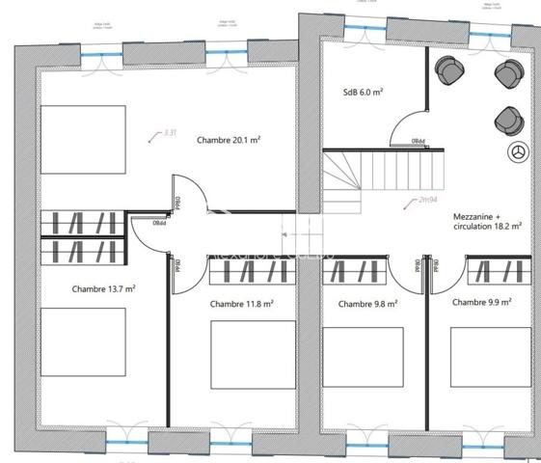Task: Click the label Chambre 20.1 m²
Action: (x=229, y=140)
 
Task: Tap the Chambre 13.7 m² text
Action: (x=103, y=288)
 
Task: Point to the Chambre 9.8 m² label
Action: (x=367, y=303)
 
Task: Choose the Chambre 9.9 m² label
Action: (x=481, y=302)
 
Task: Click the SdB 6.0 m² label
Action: (x=363, y=93)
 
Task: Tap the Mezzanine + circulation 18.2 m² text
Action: (x=487, y=223)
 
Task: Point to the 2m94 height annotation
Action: (x=422, y=200)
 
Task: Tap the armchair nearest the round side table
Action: (x=506, y=120)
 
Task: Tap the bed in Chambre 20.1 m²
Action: (x=83, y=139)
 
